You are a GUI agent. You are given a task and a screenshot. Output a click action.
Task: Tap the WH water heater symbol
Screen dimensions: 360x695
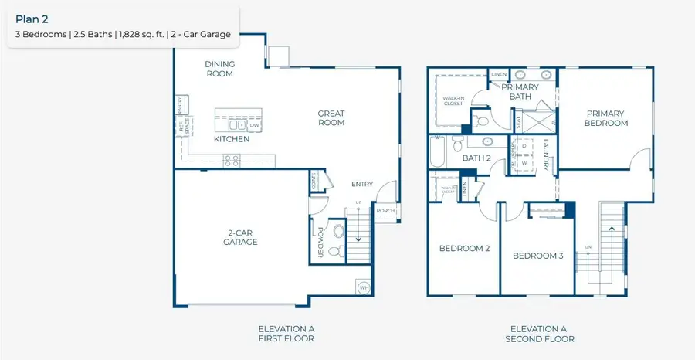pyautogui.click(x=363, y=287)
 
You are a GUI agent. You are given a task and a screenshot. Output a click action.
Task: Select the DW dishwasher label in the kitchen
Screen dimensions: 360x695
pyautogui.click(x=253, y=124)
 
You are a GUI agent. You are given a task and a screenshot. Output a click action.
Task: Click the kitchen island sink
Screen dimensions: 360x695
pyautogui.click(x=235, y=124)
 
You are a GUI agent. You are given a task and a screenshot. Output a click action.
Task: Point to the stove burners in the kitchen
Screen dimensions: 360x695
pyautogui.click(x=231, y=161)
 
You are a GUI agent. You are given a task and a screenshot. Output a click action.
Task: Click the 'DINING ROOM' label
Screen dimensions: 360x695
pyautogui.click(x=219, y=69)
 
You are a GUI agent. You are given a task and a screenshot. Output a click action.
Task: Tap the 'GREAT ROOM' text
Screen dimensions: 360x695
pyautogui.click(x=331, y=118)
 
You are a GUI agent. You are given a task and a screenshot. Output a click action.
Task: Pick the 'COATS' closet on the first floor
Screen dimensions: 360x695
pyautogui.click(x=314, y=182)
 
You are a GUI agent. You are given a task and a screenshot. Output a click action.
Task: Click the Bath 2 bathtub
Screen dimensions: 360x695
pyautogui.click(x=439, y=153)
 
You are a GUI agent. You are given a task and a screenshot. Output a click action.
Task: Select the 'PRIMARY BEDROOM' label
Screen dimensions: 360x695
pyautogui.click(x=605, y=118)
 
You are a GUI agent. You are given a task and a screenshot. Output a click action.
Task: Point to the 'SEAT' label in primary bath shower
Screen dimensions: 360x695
pyautogui.click(x=517, y=121)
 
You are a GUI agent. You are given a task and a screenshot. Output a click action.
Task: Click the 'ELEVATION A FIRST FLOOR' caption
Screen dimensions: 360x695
pyautogui.click(x=286, y=334)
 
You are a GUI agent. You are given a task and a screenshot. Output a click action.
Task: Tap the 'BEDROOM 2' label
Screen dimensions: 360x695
pyautogui.click(x=465, y=248)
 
